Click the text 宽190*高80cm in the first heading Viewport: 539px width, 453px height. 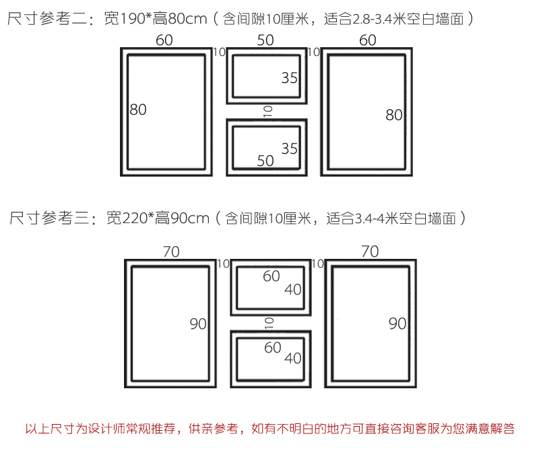pyautogui.click(x=156, y=19)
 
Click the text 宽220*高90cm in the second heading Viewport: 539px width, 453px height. pyautogui.click(x=158, y=218)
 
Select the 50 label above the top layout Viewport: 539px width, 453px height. pyautogui.click(x=265, y=40)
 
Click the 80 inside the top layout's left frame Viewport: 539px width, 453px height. pyautogui.click(x=138, y=109)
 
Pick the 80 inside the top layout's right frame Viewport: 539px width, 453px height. pyautogui.click(x=394, y=115)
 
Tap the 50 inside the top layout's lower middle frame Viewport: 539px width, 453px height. pyautogui.click(x=265, y=160)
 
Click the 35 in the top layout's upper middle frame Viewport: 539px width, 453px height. pyautogui.click(x=290, y=78)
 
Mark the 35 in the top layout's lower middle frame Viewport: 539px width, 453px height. pyautogui.click(x=290, y=148)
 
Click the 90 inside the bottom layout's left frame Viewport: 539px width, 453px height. pyautogui.click(x=198, y=324)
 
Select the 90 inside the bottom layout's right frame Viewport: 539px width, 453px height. pyautogui.click(x=398, y=324)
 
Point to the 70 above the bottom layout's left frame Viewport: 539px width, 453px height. pyautogui.click(x=171, y=252)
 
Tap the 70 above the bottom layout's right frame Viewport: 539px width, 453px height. pyautogui.click(x=370, y=252)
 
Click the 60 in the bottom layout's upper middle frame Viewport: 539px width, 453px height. pyautogui.click(x=272, y=276)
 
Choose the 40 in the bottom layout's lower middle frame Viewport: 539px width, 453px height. pyautogui.click(x=293, y=359)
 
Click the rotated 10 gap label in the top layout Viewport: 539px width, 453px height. pyautogui.click(x=267, y=111)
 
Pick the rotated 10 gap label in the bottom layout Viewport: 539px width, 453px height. pyautogui.click(x=269, y=324)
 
